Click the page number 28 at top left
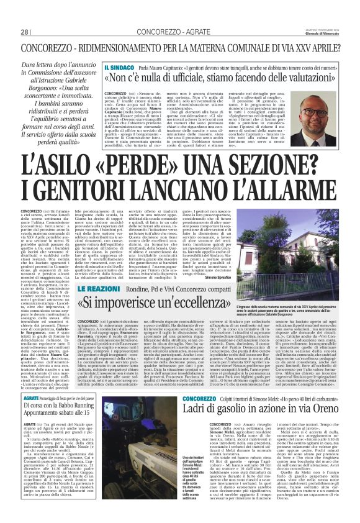[x=25, y=32]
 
